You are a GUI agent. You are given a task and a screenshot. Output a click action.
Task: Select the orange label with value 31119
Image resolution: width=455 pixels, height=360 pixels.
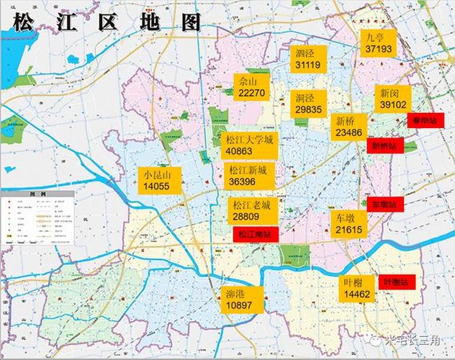pyautogui.click(x=307, y=58)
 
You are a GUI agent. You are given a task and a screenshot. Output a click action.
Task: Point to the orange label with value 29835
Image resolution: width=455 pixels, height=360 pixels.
pyautogui.click(x=308, y=103)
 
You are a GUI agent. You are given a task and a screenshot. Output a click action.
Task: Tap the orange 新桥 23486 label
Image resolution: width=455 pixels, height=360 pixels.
pyautogui.click(x=348, y=127)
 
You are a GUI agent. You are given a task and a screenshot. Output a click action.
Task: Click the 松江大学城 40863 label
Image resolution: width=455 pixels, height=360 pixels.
pyautogui.click(x=249, y=145)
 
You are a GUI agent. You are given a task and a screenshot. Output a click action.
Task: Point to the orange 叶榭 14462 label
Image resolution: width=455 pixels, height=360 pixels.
pyautogui.click(x=357, y=288)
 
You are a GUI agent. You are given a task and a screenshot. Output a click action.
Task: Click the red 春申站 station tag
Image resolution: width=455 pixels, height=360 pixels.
pyautogui.click(x=425, y=120)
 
